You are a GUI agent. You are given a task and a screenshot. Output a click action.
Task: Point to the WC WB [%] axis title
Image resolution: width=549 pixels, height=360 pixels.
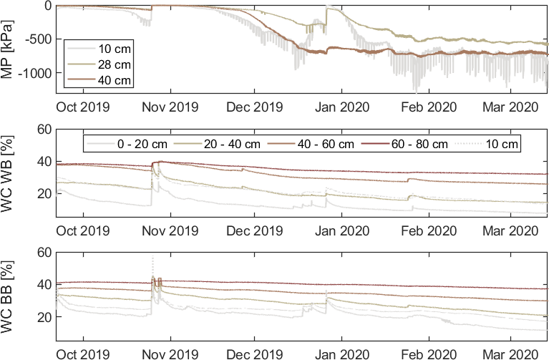pos(9,177)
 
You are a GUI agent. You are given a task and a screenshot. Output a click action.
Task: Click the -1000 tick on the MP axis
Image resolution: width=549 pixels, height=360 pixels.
pos(34,73)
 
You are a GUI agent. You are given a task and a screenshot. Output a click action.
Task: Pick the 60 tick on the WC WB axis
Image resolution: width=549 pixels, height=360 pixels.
pos(45,129)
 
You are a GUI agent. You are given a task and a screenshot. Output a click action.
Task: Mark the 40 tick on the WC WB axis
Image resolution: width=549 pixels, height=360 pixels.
pos(45,161)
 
